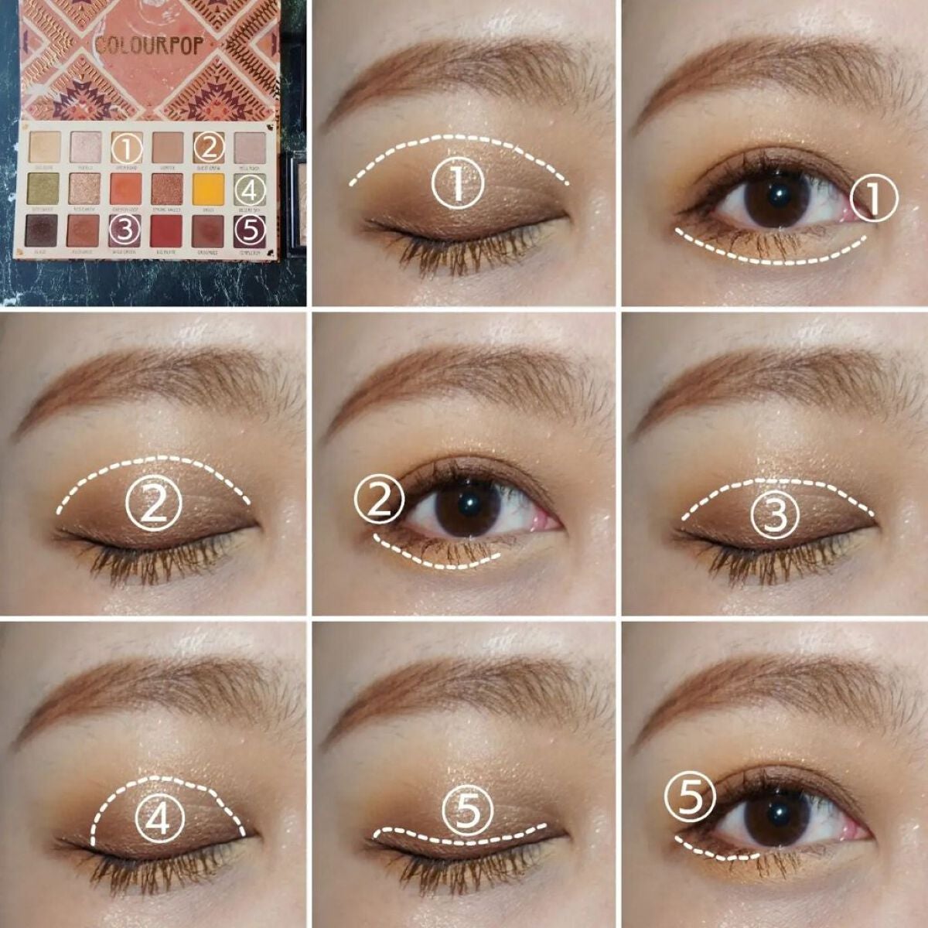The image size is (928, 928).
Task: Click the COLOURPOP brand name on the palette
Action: [151, 45]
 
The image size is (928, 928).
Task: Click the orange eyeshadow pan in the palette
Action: [126, 186]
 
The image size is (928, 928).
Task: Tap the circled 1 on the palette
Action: [126, 146]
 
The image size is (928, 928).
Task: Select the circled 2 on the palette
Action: [209, 146]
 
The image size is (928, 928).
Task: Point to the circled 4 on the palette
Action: [250, 186]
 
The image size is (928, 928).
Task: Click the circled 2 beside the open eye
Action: [379, 500]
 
